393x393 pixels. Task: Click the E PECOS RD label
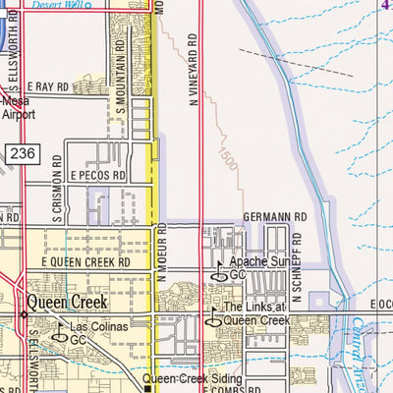98,175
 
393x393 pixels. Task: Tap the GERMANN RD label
279,216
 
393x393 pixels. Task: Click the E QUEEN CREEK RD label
85,263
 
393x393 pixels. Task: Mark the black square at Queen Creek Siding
148,387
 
